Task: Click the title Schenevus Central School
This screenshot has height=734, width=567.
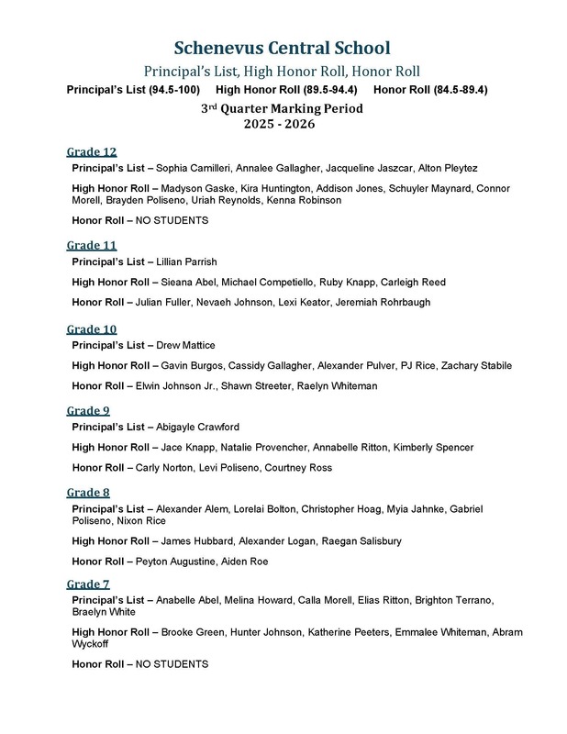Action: click(283, 49)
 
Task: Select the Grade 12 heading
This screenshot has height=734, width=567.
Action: click(92, 151)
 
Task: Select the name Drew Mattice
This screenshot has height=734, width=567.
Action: click(189, 345)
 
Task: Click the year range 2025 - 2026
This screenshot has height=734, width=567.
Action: click(283, 123)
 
